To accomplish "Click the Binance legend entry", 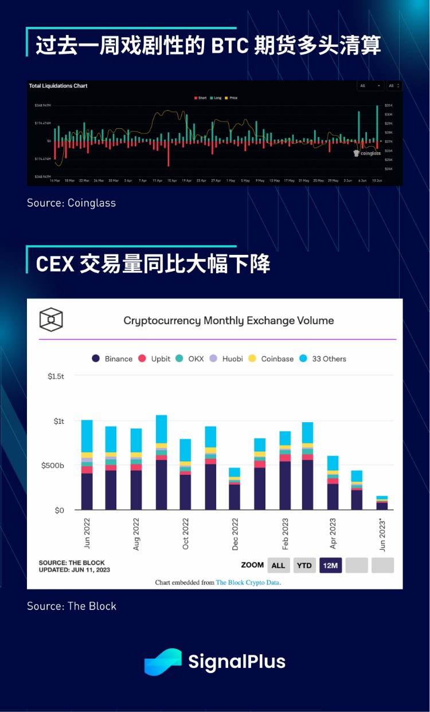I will (112, 359).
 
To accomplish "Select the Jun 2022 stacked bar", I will (87, 465).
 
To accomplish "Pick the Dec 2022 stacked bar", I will (234, 489).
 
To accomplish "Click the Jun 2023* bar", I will (382, 502).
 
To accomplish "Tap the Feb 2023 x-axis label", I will (285, 533).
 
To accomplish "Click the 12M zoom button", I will (330, 565).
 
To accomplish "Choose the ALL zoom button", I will (278, 565).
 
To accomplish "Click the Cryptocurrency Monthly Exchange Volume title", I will (229, 321).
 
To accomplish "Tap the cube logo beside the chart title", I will (50, 320).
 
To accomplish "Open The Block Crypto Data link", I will (248, 583).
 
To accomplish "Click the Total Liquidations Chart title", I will (58, 86).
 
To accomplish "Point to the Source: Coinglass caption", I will (71, 202).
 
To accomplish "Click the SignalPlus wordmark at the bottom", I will (237, 662).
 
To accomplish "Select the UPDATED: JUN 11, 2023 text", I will (74, 570).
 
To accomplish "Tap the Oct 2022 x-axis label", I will (186, 533).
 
